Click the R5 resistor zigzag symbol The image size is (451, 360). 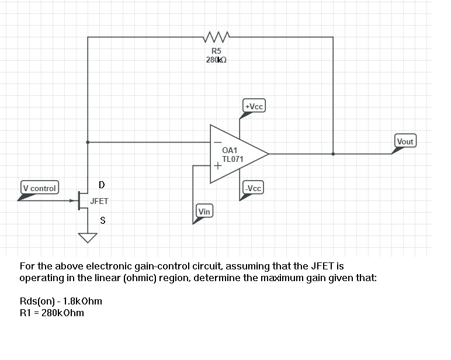[x=216, y=39]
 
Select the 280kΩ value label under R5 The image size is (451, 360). [x=216, y=60]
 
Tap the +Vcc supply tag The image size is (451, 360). [x=255, y=106]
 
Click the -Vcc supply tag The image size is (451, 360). [x=254, y=188]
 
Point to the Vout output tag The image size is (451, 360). [x=405, y=141]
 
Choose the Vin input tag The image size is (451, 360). [x=204, y=211]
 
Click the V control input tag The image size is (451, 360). [x=39, y=188]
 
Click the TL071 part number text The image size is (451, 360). [x=233, y=159]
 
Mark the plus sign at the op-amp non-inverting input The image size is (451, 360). [x=217, y=165]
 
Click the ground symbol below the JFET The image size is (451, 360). [x=88, y=237]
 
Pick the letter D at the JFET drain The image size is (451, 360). [x=102, y=185]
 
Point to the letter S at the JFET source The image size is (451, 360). [x=103, y=221]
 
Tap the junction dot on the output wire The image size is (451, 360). [x=333, y=154]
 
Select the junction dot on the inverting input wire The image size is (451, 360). [x=88, y=142]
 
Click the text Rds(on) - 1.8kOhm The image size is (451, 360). [x=61, y=302]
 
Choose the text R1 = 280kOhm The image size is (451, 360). [x=51, y=313]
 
